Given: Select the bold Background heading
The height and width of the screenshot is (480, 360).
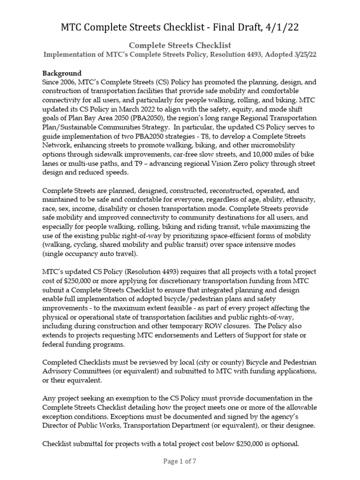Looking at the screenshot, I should pyautogui.click(x=62, y=73).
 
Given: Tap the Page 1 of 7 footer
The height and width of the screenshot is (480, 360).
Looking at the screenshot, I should pyautogui.click(x=180, y=461).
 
